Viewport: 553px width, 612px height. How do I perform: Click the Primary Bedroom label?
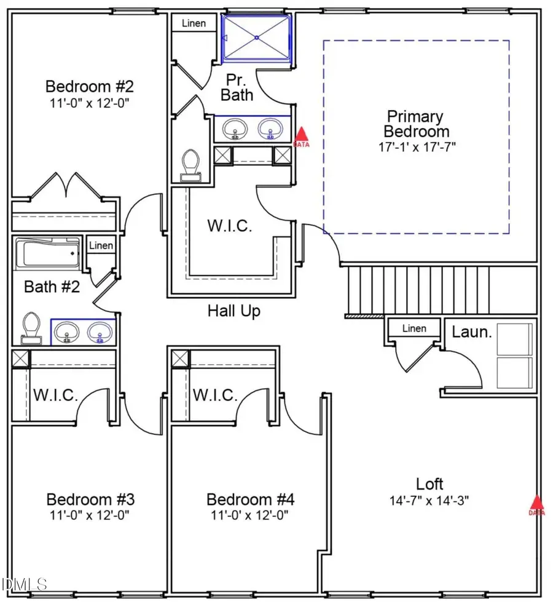point(416,124)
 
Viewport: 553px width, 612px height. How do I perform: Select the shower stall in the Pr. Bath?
point(256,38)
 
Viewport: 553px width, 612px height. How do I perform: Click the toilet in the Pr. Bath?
point(190,165)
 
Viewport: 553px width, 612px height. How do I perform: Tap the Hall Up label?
point(233,311)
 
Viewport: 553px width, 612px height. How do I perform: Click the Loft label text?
point(429,483)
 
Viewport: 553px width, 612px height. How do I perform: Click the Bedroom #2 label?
point(90,85)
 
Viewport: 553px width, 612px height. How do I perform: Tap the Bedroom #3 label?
point(90,498)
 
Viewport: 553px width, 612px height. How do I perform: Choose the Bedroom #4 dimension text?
point(249,514)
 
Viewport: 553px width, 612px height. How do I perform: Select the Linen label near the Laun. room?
point(414,328)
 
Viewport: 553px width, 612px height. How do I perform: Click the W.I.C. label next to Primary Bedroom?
point(229,226)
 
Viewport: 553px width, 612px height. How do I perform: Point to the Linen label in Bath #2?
point(101,246)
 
